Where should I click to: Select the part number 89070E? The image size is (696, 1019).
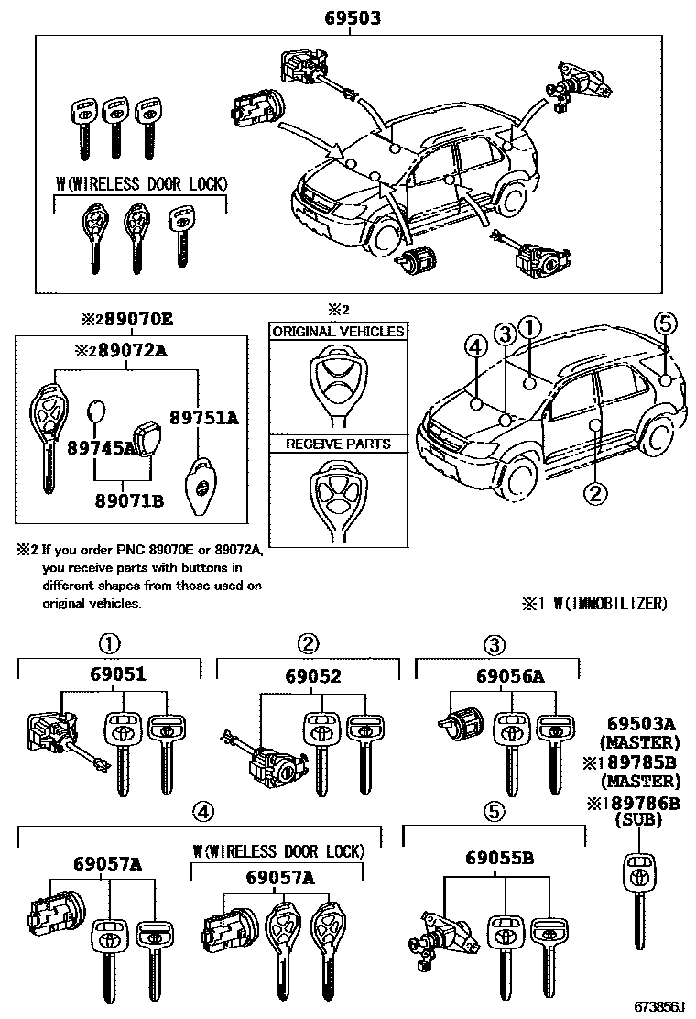click(x=136, y=320)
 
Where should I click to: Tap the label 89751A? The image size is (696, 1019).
click(x=207, y=418)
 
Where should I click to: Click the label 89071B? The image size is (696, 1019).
click(x=127, y=500)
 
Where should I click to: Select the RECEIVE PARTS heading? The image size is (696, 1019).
click(x=338, y=444)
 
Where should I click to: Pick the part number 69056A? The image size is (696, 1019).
click(x=510, y=676)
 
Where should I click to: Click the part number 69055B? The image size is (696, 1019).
click(x=499, y=858)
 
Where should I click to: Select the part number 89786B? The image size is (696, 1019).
click(x=640, y=804)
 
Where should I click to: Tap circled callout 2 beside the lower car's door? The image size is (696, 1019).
click(x=595, y=493)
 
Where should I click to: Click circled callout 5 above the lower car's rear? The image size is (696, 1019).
click(x=666, y=323)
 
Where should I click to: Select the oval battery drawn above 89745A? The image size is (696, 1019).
click(x=96, y=413)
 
